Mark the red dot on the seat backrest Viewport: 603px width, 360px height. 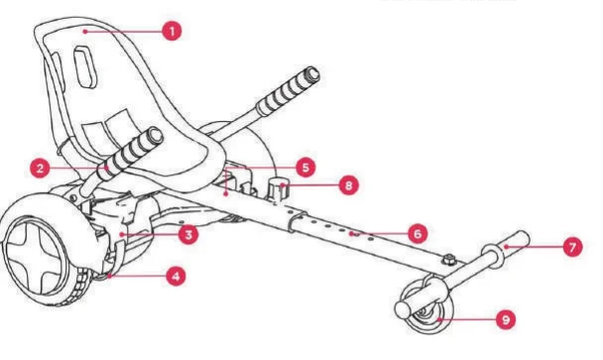tap(88, 32)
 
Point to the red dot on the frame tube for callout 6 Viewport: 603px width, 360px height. tap(354, 234)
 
